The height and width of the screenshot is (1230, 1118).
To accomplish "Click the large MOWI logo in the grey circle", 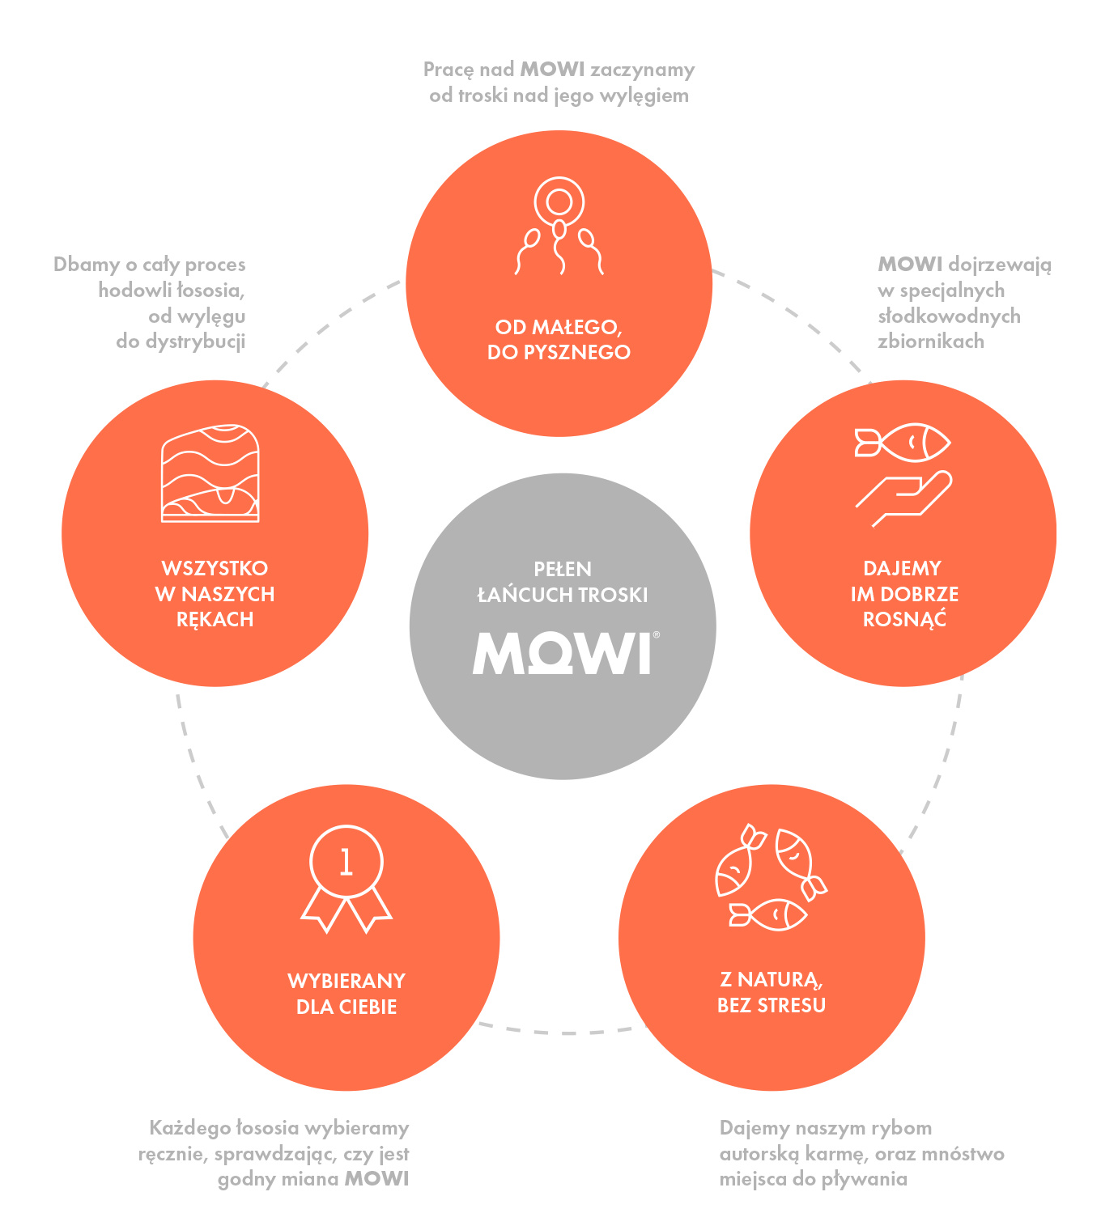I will click(x=562, y=653).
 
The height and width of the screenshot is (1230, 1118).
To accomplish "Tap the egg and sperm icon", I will click(x=559, y=226).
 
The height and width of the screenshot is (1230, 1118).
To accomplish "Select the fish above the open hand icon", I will click(x=903, y=443).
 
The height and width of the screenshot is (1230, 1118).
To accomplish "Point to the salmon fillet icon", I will click(x=210, y=473).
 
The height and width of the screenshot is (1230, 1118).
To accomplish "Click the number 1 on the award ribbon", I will click(x=346, y=863).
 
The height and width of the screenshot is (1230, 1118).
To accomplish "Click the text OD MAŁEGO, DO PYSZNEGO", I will click(x=559, y=340).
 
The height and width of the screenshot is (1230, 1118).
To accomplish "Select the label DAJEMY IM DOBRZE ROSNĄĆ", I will click(x=903, y=594).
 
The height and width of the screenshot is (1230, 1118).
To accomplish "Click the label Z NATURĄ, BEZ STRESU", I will click(x=772, y=992).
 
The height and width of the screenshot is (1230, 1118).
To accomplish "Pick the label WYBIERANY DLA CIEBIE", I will click(x=346, y=994).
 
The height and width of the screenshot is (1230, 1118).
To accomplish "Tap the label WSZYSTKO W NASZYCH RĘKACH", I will click(x=215, y=594).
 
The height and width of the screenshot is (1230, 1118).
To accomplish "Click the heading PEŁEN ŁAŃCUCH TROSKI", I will click(x=563, y=582).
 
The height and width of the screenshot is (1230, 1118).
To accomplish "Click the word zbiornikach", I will click(x=931, y=341).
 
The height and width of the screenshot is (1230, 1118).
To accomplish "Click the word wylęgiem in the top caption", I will click(x=645, y=96).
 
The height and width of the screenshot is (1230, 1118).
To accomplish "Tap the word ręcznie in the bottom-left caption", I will click(x=172, y=1155).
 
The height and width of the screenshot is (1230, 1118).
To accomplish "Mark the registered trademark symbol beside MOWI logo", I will click(x=656, y=635).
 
